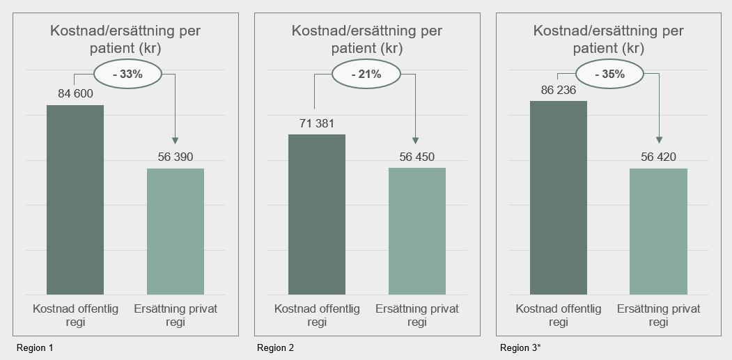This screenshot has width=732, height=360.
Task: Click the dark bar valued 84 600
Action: [x=75, y=200]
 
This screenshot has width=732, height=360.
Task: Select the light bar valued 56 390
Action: [x=176, y=231]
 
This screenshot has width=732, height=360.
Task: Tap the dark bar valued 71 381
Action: [x=317, y=214]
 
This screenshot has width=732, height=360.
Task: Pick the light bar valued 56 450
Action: [x=417, y=231]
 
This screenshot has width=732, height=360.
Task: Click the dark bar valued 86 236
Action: [x=559, y=198]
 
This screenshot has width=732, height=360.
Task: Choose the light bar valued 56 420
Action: [x=658, y=231]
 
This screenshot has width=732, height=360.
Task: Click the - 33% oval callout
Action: [x=127, y=75]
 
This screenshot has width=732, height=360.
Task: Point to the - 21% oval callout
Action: [x=366, y=75]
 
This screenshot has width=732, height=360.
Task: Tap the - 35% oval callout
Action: [x=609, y=75]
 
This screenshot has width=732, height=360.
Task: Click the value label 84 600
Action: [x=75, y=94]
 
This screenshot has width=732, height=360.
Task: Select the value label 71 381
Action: [x=317, y=123]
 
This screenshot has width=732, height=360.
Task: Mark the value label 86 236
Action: [x=559, y=90]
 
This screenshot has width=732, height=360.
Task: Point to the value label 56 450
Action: [x=417, y=157]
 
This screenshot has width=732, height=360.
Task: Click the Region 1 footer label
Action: [x=34, y=347]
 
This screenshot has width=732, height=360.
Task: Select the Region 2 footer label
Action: [x=276, y=347]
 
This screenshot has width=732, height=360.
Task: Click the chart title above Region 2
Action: [x=366, y=40]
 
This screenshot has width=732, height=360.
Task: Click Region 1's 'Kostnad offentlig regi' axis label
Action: [x=75, y=315]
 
